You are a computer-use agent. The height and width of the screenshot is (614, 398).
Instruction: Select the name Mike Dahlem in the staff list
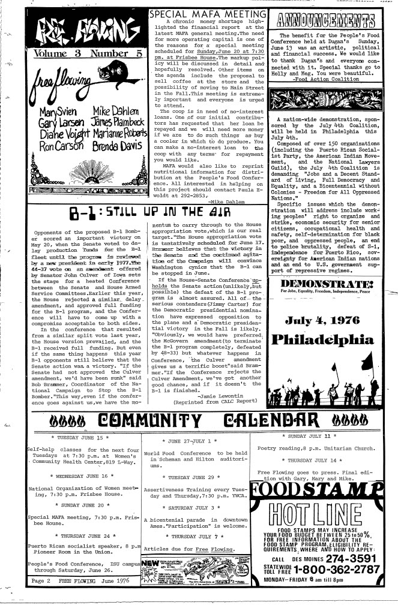point(116,110)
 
